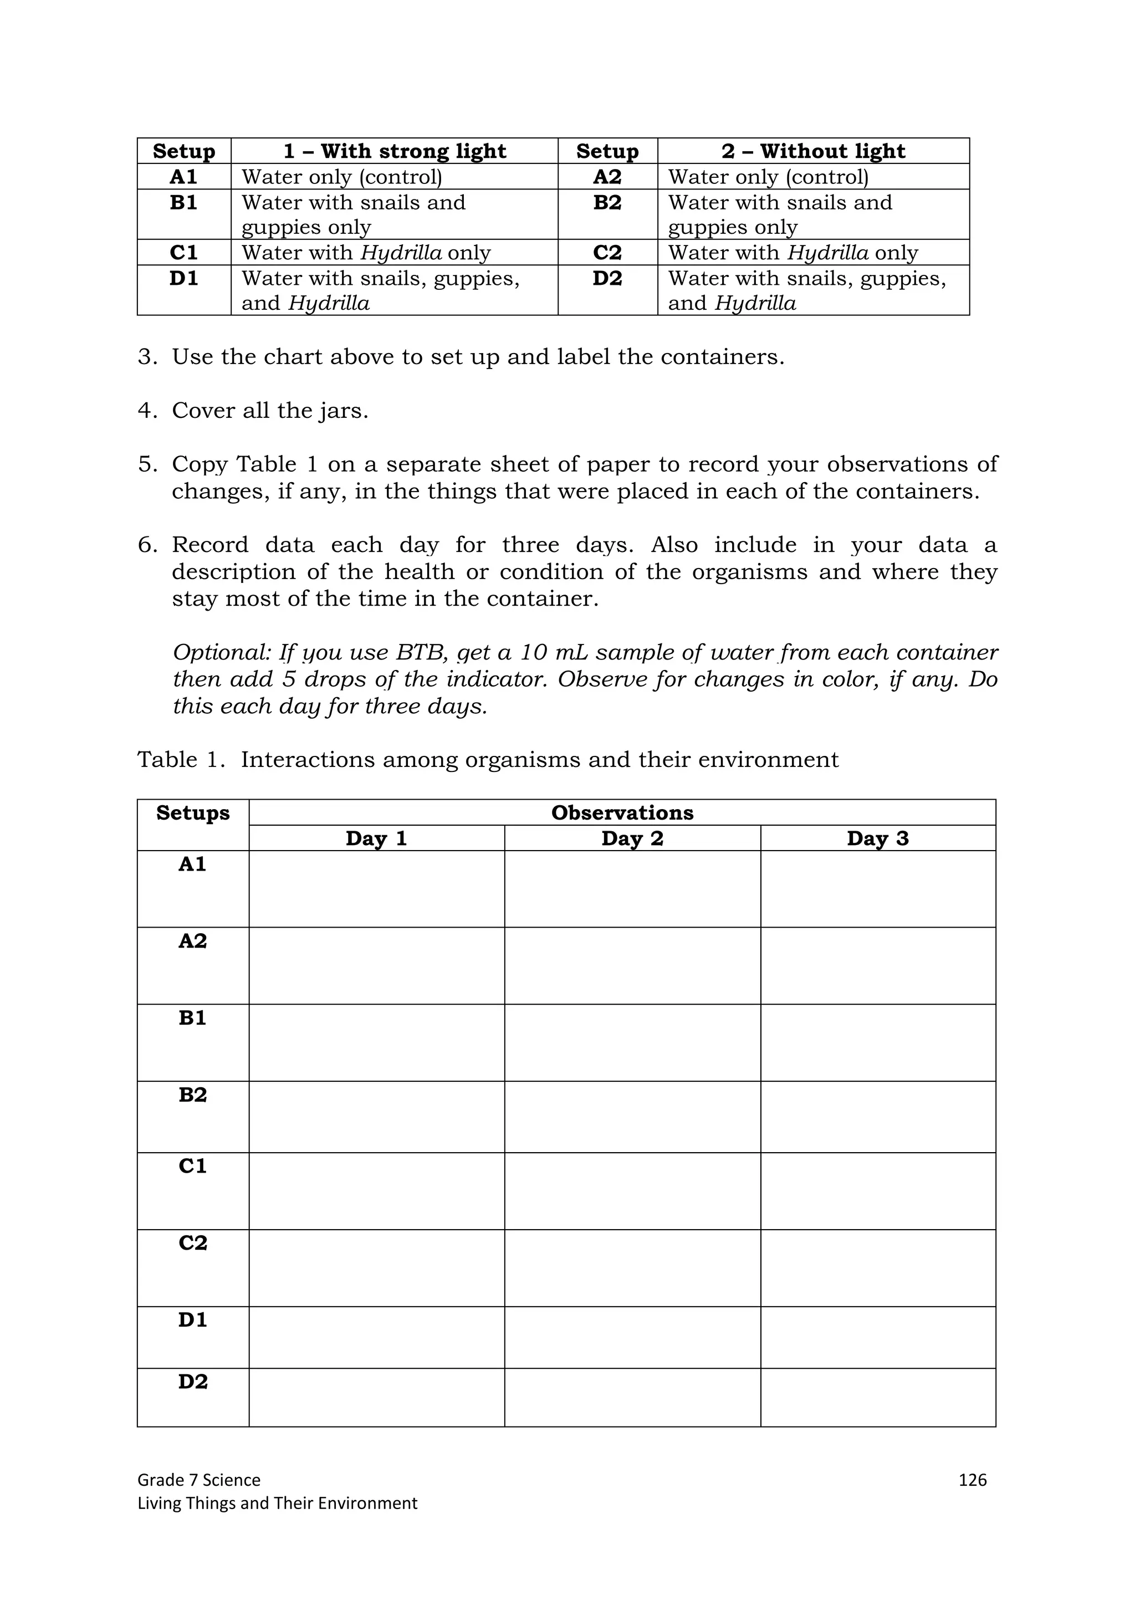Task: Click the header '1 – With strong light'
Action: point(395,151)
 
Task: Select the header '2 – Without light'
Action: point(814,151)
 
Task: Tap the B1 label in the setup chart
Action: point(183,203)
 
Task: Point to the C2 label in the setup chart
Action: point(607,253)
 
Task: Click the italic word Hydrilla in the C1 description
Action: point(401,253)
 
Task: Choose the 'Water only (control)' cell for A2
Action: point(768,177)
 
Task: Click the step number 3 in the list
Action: point(147,357)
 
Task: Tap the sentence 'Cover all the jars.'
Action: point(270,411)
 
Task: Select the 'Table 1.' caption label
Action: point(181,760)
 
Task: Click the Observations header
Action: point(622,813)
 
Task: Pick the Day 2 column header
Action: point(632,838)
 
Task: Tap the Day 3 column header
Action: point(878,838)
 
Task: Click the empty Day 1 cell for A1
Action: point(376,889)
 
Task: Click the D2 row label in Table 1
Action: point(193,1382)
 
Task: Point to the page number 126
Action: point(972,1480)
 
